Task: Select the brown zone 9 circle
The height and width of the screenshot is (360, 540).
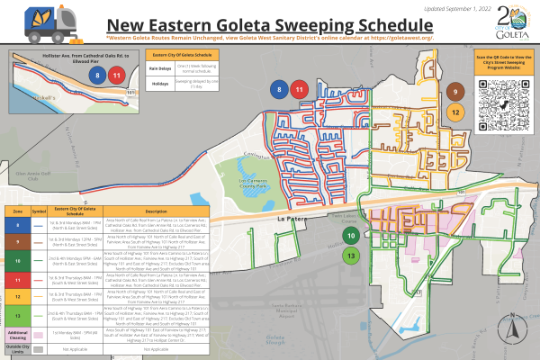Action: click(456, 93)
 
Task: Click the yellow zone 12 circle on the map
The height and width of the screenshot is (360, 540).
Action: click(456, 112)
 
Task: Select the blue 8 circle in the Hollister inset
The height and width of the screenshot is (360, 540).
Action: click(96, 75)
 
